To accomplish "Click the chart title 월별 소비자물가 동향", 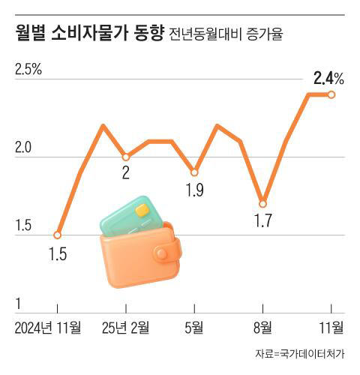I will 88,34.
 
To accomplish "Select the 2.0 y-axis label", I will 22,148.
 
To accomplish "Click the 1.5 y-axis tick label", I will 22,226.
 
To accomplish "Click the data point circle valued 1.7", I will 262,203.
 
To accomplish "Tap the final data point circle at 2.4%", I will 331,94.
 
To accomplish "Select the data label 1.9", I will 194,190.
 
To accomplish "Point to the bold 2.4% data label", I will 328,78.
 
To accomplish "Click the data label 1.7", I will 263,221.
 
